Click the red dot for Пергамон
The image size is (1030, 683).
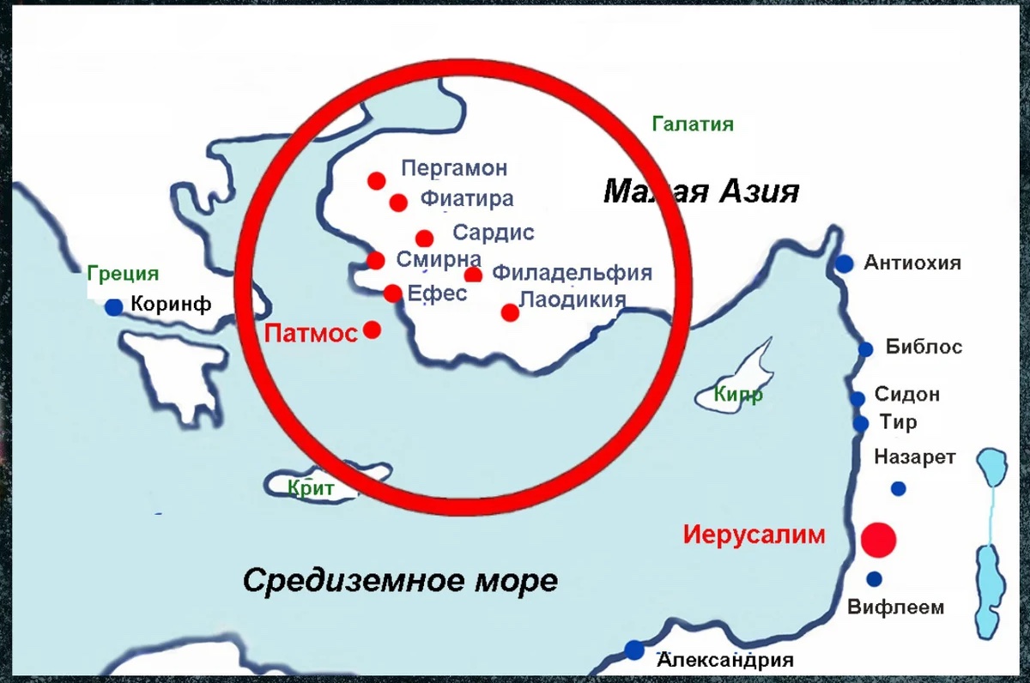pyautogui.click(x=376, y=180)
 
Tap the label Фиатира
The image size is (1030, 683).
pyautogui.click(x=467, y=199)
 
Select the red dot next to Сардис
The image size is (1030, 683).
pyautogui.click(x=424, y=239)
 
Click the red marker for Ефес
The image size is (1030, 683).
pyautogui.click(x=393, y=293)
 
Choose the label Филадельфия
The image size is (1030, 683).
pyautogui.click(x=573, y=274)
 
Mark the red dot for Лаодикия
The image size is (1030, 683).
pyautogui.click(x=510, y=312)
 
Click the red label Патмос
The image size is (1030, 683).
pyautogui.click(x=311, y=333)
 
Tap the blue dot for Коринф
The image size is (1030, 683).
pyautogui.click(x=113, y=306)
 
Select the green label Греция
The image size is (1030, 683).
pyautogui.click(x=123, y=275)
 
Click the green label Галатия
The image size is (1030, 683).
pyautogui.click(x=693, y=124)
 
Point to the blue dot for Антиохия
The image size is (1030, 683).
pyautogui.click(x=845, y=263)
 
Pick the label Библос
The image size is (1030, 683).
pyautogui.click(x=924, y=348)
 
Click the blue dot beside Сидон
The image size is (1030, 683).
pyautogui.click(x=857, y=398)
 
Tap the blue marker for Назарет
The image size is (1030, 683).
pyautogui.click(x=898, y=488)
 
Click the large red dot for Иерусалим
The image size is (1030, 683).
pyautogui.click(x=878, y=540)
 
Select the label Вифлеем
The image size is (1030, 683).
pyautogui.click(x=895, y=607)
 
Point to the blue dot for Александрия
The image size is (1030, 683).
pyautogui.click(x=634, y=650)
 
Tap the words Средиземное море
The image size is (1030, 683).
pyautogui.click(x=400, y=581)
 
